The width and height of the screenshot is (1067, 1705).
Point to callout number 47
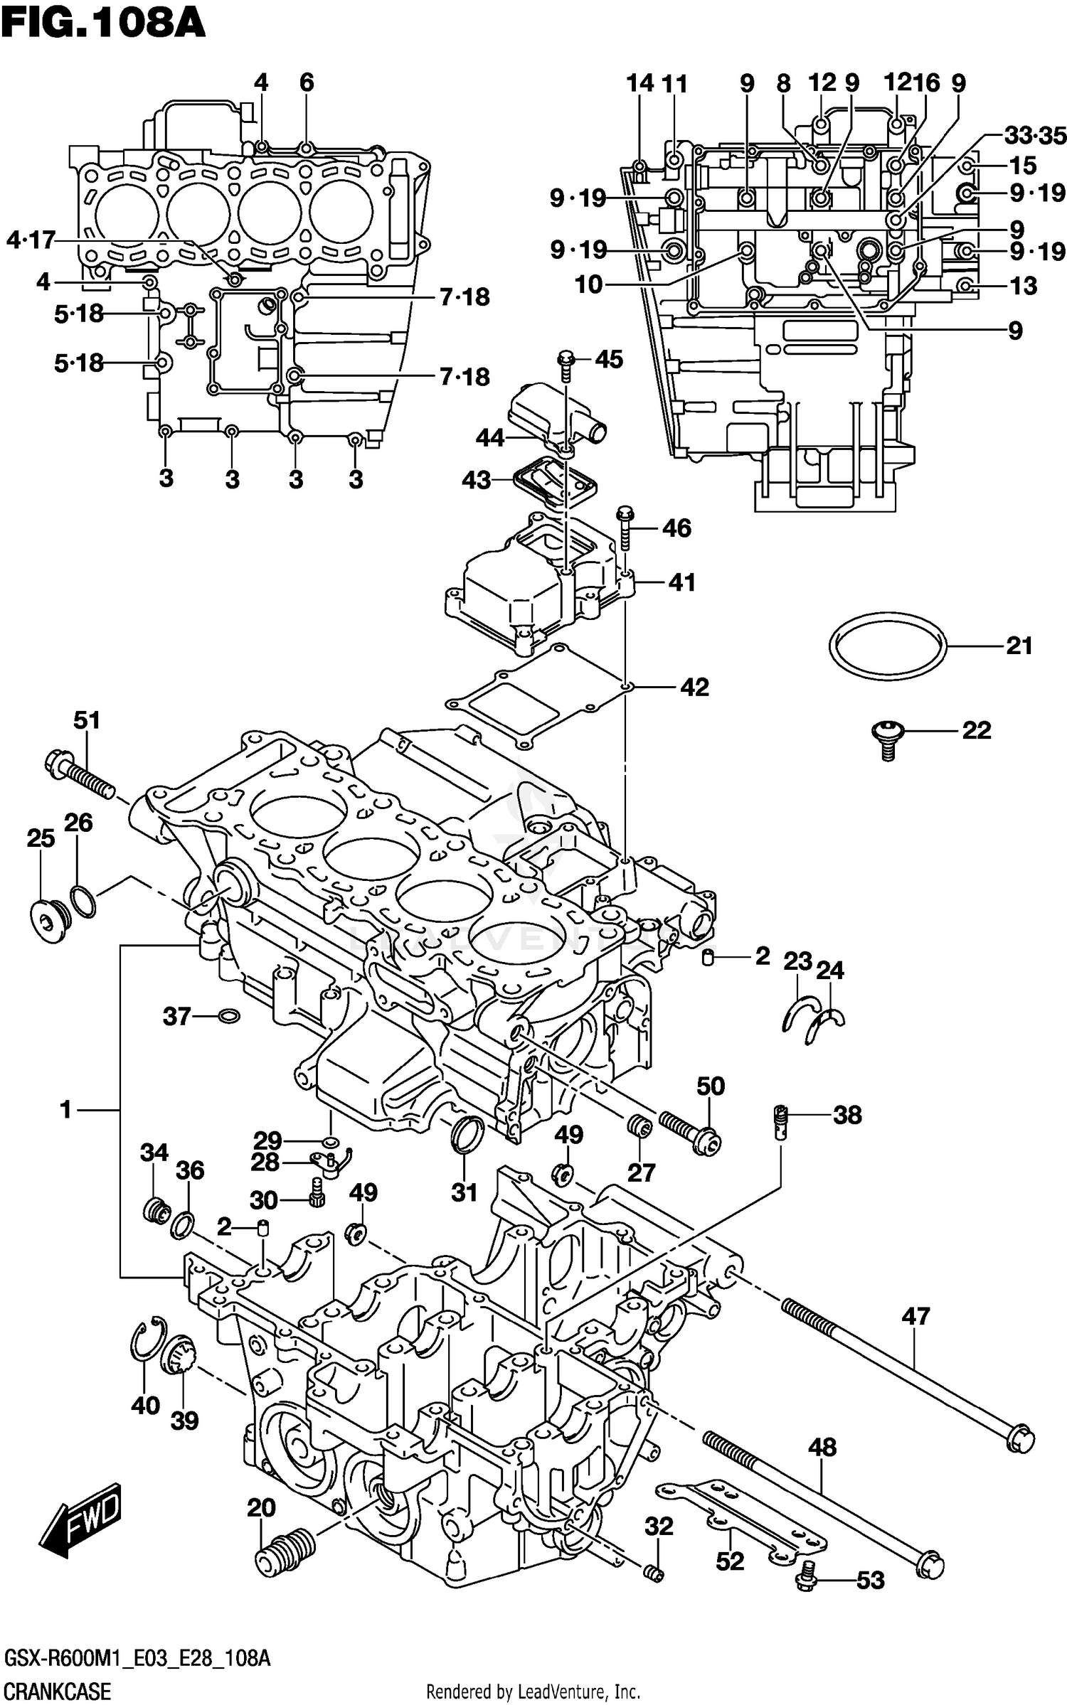coord(915,1316)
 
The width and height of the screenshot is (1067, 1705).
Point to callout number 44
coord(489,437)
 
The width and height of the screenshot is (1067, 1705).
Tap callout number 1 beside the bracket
coord(65,1109)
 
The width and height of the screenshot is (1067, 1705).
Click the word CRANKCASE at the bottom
coord(57,1687)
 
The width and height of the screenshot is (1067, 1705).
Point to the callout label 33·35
coord(1035,135)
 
